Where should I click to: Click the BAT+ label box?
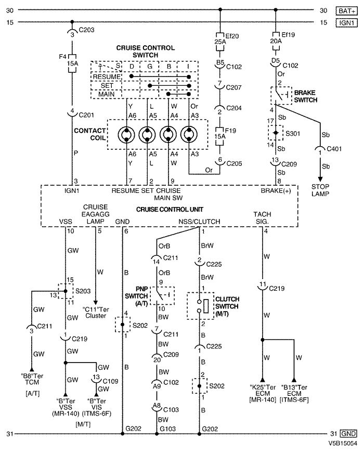(x=346, y=11)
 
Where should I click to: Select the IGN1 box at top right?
(x=346, y=22)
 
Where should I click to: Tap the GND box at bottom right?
(x=348, y=434)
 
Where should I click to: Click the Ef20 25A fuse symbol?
(x=220, y=42)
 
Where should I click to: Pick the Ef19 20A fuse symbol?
(x=276, y=41)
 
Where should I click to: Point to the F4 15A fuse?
(x=72, y=63)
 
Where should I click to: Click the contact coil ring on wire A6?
(x=126, y=135)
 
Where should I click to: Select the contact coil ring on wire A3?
(x=189, y=135)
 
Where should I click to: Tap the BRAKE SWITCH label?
(x=306, y=96)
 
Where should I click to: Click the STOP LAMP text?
(x=320, y=190)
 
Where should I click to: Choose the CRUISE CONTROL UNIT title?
(x=170, y=209)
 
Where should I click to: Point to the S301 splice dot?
(x=276, y=133)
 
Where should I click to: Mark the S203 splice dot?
(x=66, y=291)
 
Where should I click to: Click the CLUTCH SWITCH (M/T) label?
(x=227, y=306)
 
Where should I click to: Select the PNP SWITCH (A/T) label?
(x=136, y=296)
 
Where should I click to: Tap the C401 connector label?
(x=334, y=149)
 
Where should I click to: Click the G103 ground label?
(x=168, y=429)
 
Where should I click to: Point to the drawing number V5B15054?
(x=343, y=443)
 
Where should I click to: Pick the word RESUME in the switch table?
(x=107, y=77)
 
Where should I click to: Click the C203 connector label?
(x=86, y=30)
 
